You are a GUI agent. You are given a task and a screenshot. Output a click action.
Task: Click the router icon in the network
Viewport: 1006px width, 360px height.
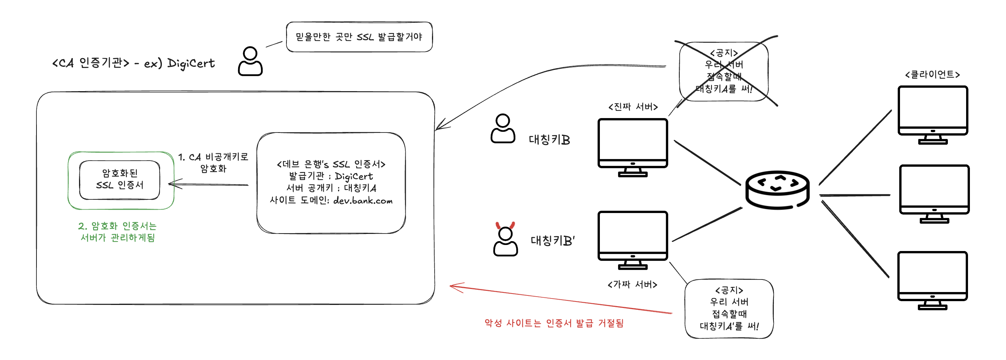point(777,190)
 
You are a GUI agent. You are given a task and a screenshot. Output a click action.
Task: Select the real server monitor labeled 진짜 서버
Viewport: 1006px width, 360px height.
point(633,145)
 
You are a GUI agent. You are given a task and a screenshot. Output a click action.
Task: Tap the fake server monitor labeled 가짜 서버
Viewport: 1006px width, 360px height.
point(633,238)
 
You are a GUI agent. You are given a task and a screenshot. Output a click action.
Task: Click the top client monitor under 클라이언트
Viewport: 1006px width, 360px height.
point(933,113)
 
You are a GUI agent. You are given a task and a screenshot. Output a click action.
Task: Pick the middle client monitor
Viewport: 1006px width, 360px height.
point(934,192)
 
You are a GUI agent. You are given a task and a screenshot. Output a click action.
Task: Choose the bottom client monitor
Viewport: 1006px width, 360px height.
point(932,278)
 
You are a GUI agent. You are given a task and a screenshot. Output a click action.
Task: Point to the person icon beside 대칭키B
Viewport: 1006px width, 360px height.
point(503,128)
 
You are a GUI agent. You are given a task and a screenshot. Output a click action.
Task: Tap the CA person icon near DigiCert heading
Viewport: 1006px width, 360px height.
point(250,61)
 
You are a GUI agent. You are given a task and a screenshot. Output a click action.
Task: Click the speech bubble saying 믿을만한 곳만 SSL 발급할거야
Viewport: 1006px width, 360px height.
point(359,37)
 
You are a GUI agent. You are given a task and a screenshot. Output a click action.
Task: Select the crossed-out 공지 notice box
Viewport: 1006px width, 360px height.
point(724,71)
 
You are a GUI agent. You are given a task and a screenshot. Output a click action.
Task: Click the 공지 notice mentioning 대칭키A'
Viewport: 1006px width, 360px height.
point(729,308)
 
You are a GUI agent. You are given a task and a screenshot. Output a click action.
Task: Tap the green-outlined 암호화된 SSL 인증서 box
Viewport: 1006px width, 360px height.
point(120,180)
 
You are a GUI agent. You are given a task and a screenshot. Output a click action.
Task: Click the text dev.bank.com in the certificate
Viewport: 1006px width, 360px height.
point(363,201)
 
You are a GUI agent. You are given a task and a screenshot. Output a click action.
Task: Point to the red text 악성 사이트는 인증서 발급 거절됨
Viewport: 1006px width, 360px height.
point(554,323)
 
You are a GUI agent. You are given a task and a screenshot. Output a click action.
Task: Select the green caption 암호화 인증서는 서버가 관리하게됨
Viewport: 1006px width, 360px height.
point(117,232)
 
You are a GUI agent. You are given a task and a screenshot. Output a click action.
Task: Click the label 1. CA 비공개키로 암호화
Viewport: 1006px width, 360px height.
point(213,163)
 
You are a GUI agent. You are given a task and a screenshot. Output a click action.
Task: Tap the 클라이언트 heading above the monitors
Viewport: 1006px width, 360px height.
point(932,74)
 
